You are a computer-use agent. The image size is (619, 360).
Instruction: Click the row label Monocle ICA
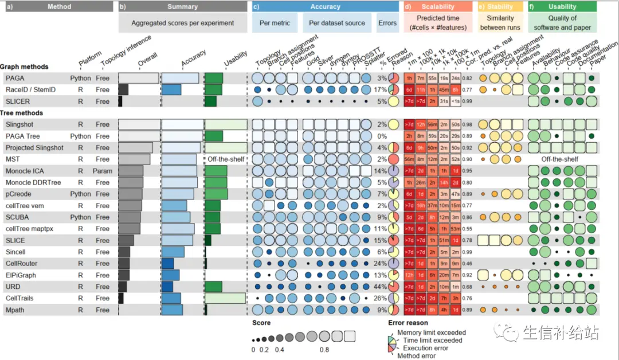click(x=25, y=171)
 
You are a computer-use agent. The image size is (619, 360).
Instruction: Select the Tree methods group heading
click(x=21, y=113)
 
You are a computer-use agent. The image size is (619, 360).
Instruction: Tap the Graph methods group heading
click(x=24, y=66)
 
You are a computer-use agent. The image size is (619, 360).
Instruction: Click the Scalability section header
click(x=438, y=7)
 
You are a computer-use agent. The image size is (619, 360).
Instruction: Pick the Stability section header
click(x=500, y=7)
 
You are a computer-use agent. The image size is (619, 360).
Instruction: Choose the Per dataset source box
click(x=336, y=23)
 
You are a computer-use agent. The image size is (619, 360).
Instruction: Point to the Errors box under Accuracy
click(x=387, y=23)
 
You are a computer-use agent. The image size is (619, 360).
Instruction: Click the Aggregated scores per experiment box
click(x=182, y=23)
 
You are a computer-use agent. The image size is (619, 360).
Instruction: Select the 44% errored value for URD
click(x=381, y=287)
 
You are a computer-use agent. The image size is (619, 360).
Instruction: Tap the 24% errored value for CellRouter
click(x=381, y=264)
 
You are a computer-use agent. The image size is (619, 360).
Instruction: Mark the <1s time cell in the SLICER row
click(x=455, y=101)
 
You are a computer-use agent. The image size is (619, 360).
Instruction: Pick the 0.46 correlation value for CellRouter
click(x=467, y=264)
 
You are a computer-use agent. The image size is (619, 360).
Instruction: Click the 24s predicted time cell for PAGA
click(x=455, y=78)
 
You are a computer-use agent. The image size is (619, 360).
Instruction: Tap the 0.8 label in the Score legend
click(x=325, y=349)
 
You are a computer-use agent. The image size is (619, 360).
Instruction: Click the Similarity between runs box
click(x=500, y=23)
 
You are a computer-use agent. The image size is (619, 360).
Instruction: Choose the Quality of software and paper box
click(x=562, y=23)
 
